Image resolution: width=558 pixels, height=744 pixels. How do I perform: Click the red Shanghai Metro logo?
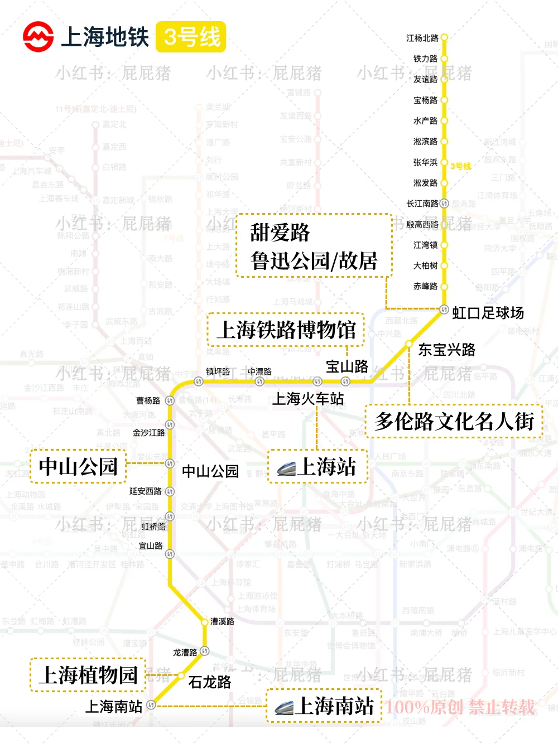point(38,37)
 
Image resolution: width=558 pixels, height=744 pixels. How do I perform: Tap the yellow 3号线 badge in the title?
point(191,37)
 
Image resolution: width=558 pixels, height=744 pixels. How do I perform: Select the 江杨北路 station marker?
point(444,37)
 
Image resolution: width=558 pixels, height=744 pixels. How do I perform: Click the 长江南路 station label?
point(422,204)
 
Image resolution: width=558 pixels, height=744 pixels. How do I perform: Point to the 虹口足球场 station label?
point(488,313)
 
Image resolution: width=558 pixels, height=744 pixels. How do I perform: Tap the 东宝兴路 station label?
point(447,350)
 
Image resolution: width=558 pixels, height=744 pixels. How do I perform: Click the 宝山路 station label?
point(347,366)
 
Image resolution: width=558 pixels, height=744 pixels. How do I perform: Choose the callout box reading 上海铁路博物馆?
point(286,330)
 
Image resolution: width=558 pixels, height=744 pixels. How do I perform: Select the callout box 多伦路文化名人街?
point(454,421)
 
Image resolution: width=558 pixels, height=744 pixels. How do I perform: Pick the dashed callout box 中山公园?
point(78,466)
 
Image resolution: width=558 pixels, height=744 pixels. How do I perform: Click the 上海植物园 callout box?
point(88,675)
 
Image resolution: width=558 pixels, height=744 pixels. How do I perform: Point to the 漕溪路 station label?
point(222,621)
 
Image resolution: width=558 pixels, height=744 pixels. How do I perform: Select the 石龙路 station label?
point(210,682)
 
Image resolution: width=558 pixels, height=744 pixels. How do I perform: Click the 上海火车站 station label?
point(308,399)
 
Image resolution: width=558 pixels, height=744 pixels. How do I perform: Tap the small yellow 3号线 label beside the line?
point(461,166)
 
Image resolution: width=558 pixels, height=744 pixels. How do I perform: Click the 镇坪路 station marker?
point(198,381)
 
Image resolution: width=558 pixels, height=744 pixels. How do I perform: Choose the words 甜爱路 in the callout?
point(280,233)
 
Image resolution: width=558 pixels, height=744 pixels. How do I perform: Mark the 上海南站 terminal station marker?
point(151,706)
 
